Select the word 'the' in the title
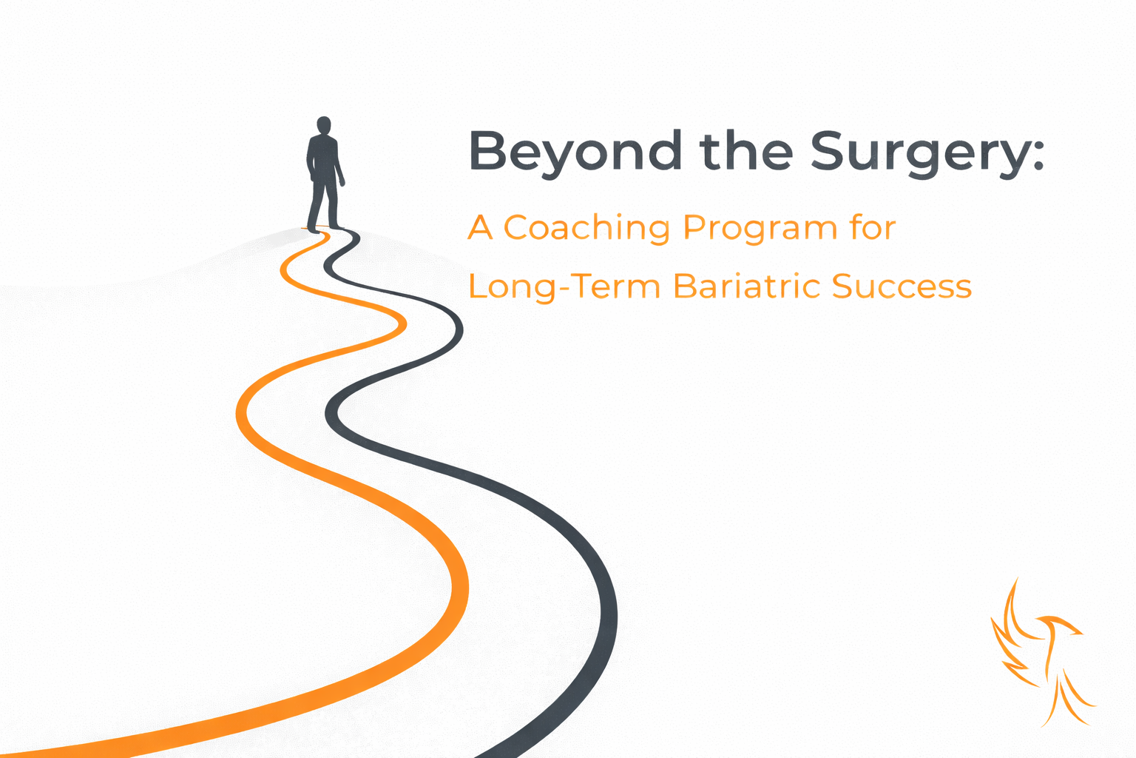pos(746,150)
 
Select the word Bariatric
pos(745,286)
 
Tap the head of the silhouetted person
pos(323,125)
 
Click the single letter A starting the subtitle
pos(480,227)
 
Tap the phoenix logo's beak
pos(1078,633)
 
